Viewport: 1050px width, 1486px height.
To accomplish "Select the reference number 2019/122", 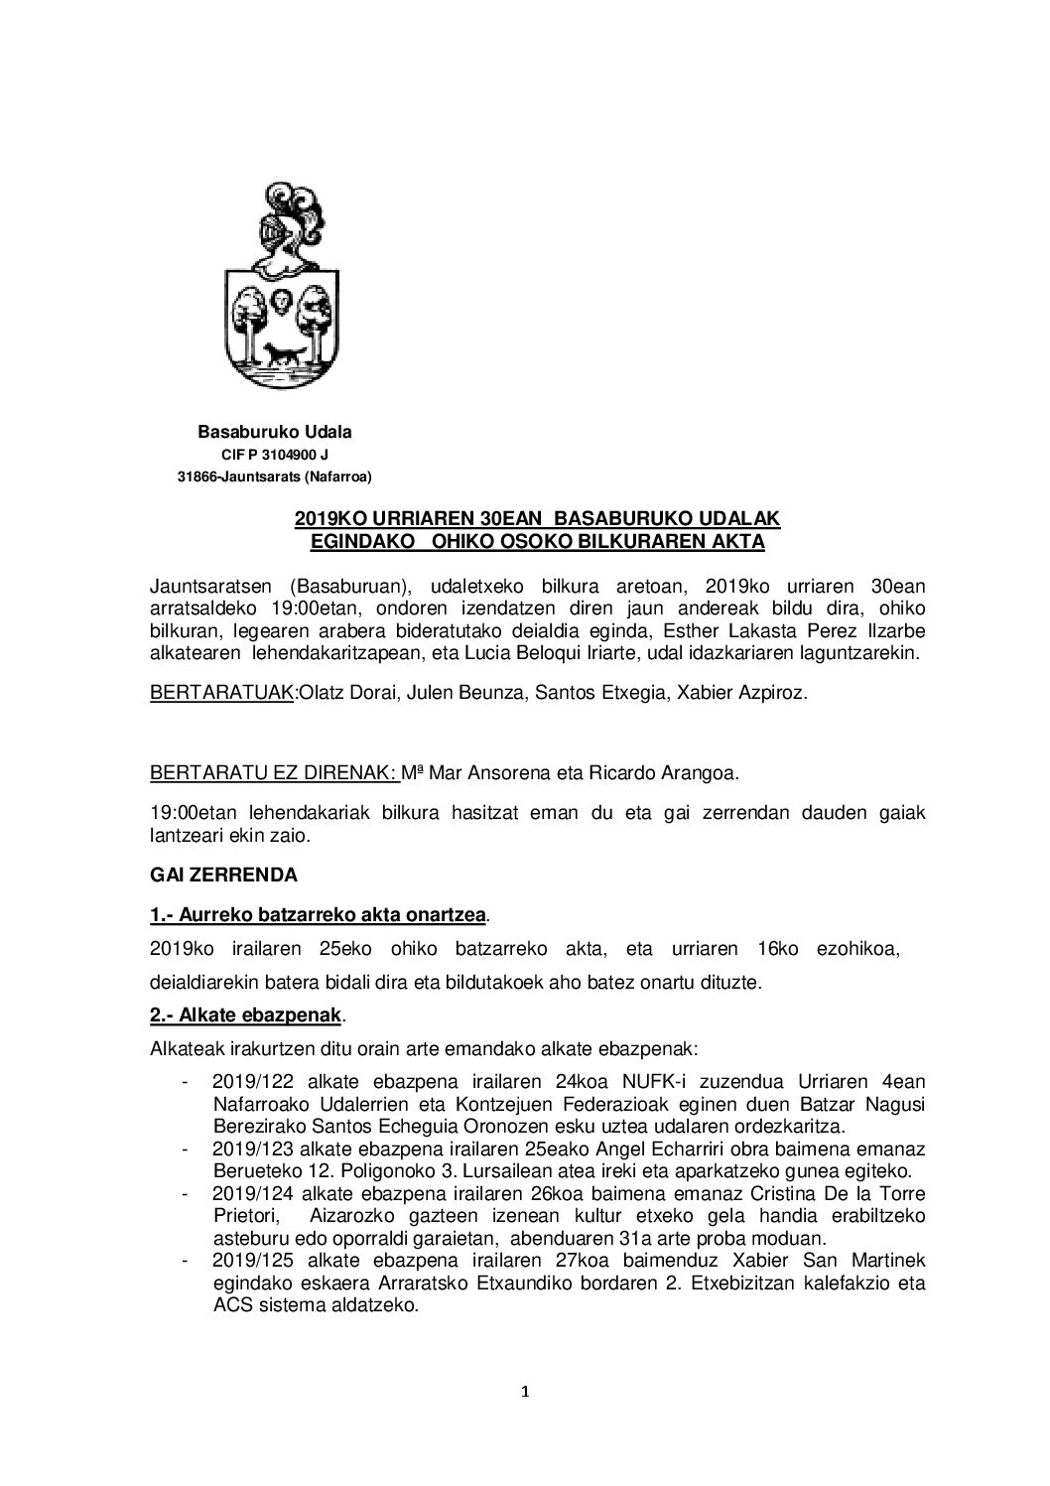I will pyautogui.click(x=248, y=1082).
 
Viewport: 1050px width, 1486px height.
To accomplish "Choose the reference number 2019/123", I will pyautogui.click(x=248, y=1148).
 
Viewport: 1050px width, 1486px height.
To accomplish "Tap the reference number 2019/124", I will pyautogui.click(x=248, y=1193).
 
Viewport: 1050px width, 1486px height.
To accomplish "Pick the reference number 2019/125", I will pyautogui.click(x=248, y=1260).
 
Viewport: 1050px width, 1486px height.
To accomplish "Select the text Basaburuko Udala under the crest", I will pyautogui.click(x=275, y=432).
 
